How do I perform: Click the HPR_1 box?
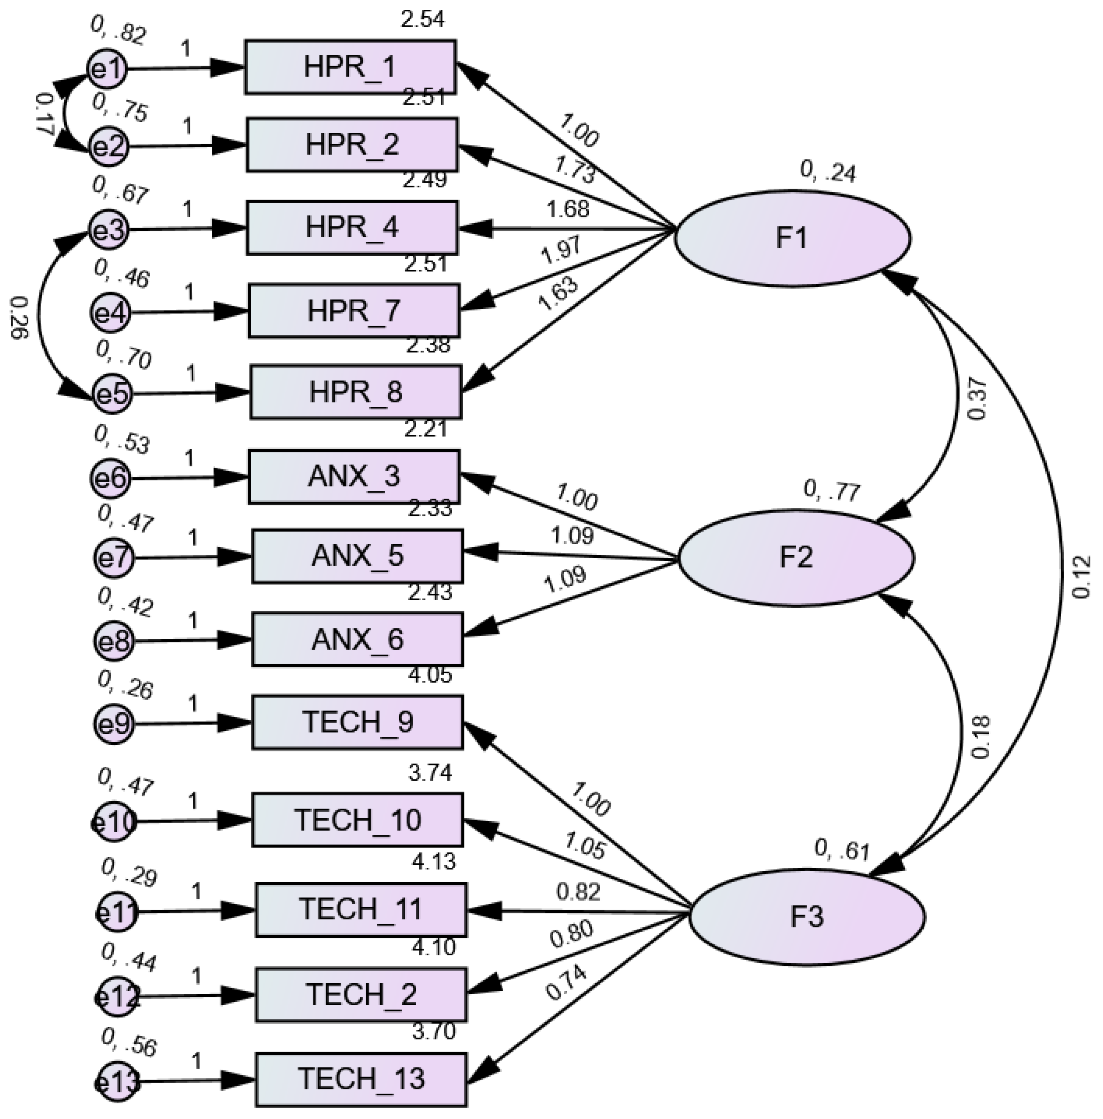[x=350, y=67]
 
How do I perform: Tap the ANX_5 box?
[x=357, y=556]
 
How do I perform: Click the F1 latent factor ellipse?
[x=792, y=238]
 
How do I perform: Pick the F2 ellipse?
[x=796, y=557]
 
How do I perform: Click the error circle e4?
[x=110, y=313]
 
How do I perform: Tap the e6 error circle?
[x=111, y=478]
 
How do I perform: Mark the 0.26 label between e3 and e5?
[x=19, y=318]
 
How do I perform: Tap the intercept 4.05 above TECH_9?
[x=429, y=675]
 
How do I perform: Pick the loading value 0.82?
[x=578, y=892]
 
